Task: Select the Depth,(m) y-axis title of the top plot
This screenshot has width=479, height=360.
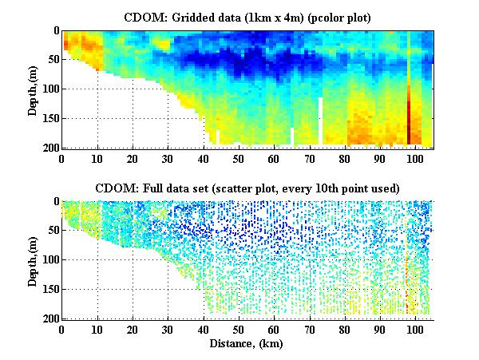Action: click(x=34, y=89)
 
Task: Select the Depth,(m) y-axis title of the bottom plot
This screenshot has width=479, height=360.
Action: click(x=34, y=260)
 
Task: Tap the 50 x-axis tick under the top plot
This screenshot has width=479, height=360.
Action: click(x=239, y=159)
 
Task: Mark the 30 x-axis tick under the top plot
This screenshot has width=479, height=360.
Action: click(x=168, y=159)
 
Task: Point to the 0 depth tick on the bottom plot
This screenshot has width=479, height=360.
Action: click(x=55, y=202)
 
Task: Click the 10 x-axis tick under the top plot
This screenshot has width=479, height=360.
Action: click(x=97, y=159)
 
